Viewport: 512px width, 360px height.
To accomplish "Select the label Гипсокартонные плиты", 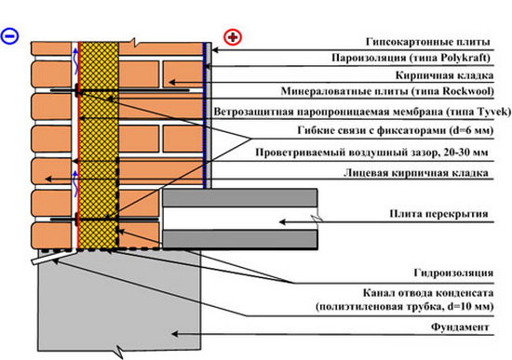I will (428, 43).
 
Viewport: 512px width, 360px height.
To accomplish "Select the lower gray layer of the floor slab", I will (241, 239).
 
